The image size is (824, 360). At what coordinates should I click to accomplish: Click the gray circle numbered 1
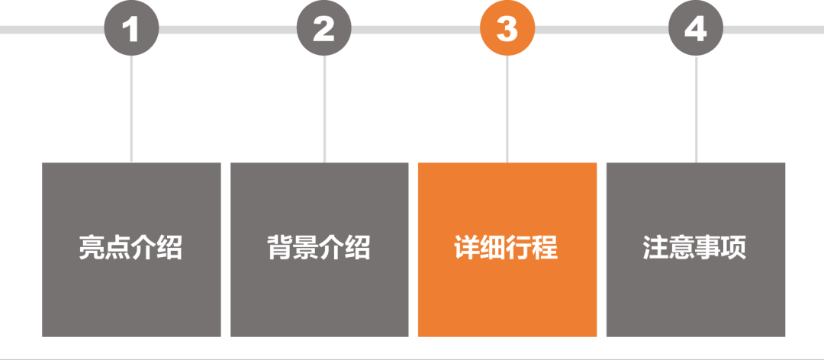[131, 28]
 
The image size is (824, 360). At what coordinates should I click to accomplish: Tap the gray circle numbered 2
[323, 28]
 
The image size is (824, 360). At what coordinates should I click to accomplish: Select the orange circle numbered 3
[507, 28]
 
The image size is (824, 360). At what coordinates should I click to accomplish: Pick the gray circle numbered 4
[696, 28]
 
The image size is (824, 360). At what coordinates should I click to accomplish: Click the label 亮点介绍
[131, 247]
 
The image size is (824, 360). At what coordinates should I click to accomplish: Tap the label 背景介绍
[319, 247]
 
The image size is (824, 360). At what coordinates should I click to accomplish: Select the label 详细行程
[506, 247]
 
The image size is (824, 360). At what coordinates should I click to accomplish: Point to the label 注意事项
[695, 247]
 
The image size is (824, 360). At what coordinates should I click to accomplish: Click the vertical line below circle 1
[131, 109]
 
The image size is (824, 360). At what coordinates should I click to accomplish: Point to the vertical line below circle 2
[324, 109]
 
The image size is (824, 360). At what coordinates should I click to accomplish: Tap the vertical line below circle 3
[507, 109]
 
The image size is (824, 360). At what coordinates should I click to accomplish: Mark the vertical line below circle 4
[697, 109]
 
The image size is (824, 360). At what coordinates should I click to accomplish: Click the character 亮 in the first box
[92, 247]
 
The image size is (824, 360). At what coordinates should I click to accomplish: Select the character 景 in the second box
[306, 247]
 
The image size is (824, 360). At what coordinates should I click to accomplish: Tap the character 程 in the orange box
[546, 247]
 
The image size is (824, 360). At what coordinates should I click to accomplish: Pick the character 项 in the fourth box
[734, 247]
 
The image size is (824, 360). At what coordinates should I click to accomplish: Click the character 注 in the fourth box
[655, 247]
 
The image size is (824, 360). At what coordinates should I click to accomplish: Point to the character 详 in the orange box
[467, 247]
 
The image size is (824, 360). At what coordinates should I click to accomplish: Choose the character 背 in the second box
[279, 247]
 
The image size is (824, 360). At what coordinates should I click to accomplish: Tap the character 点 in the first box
[117, 247]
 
